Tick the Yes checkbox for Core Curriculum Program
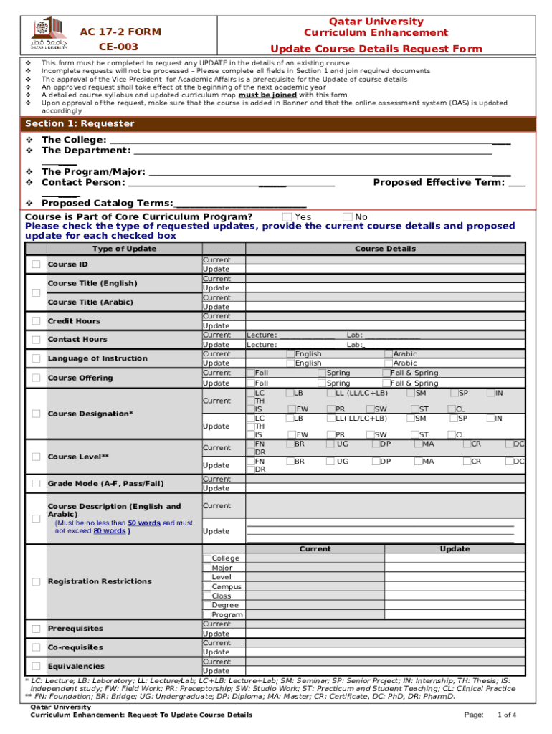pos(287,217)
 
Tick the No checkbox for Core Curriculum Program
pos(348,217)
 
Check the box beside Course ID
pos(36,264)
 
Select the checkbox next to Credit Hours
pos(36,321)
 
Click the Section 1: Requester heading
pos(80,124)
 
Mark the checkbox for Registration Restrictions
pos(36,581)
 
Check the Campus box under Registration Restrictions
pos(207,586)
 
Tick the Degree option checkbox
pos(207,605)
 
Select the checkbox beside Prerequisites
pos(36,629)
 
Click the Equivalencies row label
pos(76,667)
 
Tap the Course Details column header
pos(385,249)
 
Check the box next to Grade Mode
pos(36,484)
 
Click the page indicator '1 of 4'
pos(507,715)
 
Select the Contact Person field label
pos(85,182)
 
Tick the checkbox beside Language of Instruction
pos(36,358)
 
